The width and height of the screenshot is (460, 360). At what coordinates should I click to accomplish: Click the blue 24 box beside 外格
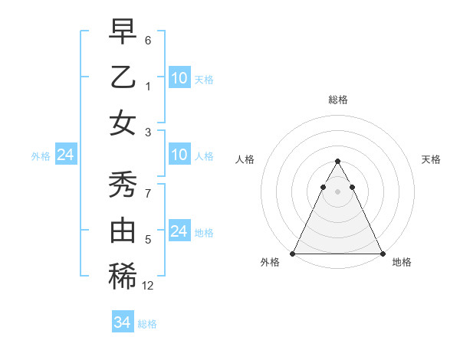click(65, 155)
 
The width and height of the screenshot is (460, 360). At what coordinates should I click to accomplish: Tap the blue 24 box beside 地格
click(179, 231)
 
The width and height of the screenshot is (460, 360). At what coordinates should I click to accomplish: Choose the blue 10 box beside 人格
click(179, 155)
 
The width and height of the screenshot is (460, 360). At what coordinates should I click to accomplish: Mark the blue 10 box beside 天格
click(179, 78)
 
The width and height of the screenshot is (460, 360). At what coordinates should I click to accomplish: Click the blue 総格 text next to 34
click(147, 324)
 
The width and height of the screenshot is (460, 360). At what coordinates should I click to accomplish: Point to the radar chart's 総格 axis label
click(337, 100)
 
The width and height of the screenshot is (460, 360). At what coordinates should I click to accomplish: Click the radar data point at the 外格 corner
click(293, 254)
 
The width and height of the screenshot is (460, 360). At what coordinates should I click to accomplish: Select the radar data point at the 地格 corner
click(382, 254)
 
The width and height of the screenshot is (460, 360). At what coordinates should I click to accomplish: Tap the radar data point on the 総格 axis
click(337, 162)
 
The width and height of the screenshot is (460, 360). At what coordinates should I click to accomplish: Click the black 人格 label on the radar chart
click(246, 159)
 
